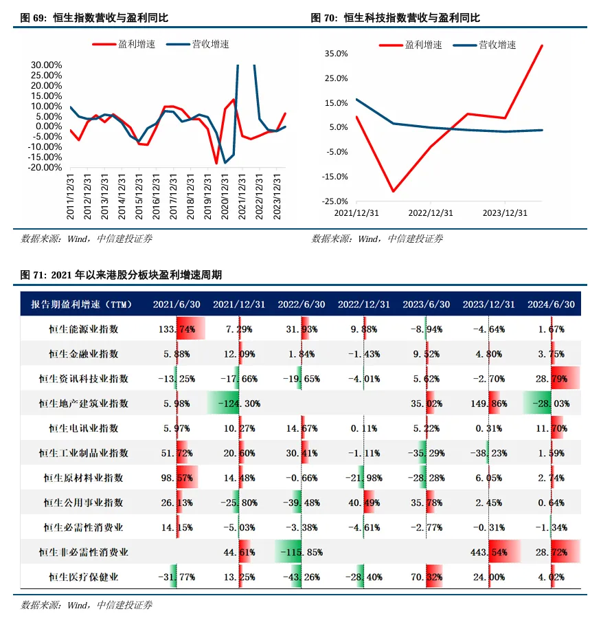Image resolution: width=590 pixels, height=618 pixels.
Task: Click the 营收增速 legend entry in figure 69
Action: coord(198,45)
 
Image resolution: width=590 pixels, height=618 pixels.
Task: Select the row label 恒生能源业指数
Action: coord(84,329)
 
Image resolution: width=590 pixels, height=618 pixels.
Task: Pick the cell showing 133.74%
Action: coord(177,329)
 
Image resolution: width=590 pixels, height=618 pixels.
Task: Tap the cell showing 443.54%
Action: coord(489,552)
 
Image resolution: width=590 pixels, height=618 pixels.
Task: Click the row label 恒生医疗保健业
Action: coord(84,577)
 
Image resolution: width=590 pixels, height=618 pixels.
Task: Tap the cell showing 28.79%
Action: coord(551,379)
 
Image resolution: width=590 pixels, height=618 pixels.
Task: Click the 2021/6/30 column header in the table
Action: coord(177,305)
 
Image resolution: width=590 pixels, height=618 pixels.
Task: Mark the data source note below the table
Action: coord(87,606)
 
